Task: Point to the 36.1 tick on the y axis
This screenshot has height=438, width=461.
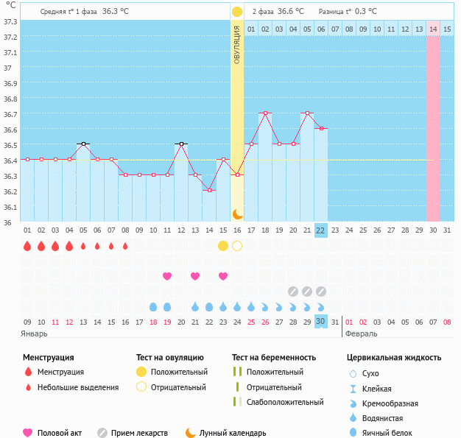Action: click(10, 207)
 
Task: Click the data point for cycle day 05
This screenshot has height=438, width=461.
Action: click(83, 144)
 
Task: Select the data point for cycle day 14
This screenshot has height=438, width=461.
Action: click(209, 190)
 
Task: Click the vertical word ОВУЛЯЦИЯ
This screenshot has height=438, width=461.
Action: click(237, 45)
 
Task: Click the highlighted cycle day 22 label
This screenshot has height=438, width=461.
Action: click(320, 230)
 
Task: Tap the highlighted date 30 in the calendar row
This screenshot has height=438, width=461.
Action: click(320, 321)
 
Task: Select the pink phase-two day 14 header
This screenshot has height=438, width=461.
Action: click(433, 29)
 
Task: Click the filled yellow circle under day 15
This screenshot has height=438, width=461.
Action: click(223, 246)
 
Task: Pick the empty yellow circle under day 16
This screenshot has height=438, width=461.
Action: click(237, 246)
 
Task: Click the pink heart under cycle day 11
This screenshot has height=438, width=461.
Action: click(167, 276)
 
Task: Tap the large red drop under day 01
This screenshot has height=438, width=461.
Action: click(27, 246)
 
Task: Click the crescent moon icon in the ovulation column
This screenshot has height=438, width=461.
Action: click(237, 213)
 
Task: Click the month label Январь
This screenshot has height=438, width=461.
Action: click(35, 333)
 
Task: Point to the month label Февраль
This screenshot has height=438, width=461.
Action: click(361, 333)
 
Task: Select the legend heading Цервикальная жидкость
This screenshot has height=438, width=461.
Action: click(394, 358)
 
